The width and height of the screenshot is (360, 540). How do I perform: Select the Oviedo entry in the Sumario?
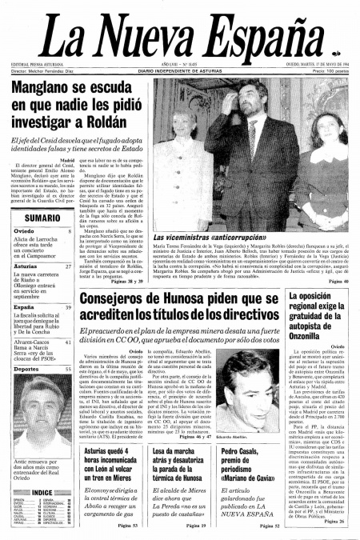coord(23,230)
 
